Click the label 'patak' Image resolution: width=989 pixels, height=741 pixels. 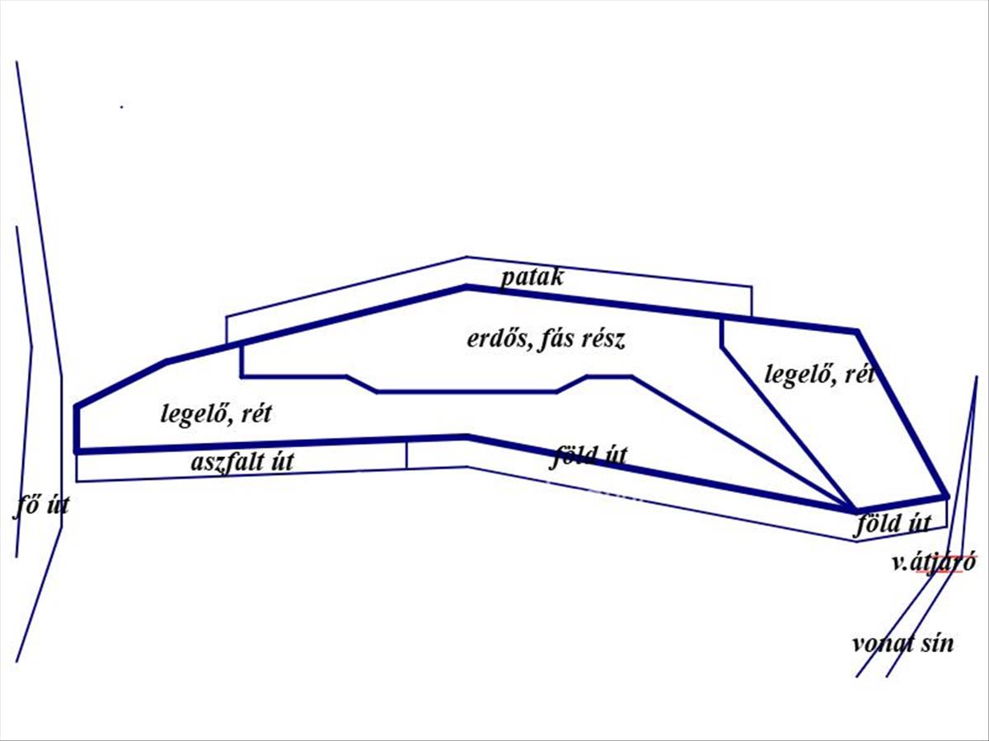[x=532, y=278]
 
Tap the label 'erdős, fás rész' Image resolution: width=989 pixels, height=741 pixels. [x=546, y=340]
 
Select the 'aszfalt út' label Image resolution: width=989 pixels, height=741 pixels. [x=242, y=462]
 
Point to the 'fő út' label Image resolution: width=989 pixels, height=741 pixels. [x=41, y=506]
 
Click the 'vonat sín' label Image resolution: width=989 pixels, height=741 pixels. [x=903, y=644]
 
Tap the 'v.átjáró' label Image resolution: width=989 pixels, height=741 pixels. [x=934, y=563]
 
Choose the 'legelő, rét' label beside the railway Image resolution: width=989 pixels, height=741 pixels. [x=819, y=375]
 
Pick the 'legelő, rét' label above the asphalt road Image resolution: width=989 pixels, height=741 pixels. [x=216, y=413]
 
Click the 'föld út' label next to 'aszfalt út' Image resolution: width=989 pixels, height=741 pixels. [x=588, y=456]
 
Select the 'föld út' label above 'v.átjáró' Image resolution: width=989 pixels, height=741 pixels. [x=892, y=524]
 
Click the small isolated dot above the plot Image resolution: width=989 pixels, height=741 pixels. [x=121, y=107]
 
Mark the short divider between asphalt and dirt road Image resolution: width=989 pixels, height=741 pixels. [x=406, y=455]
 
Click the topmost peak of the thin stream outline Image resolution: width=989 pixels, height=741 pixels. [x=466, y=257]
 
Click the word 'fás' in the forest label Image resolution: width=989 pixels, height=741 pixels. [x=555, y=340]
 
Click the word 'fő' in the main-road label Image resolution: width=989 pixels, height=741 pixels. [x=25, y=506]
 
